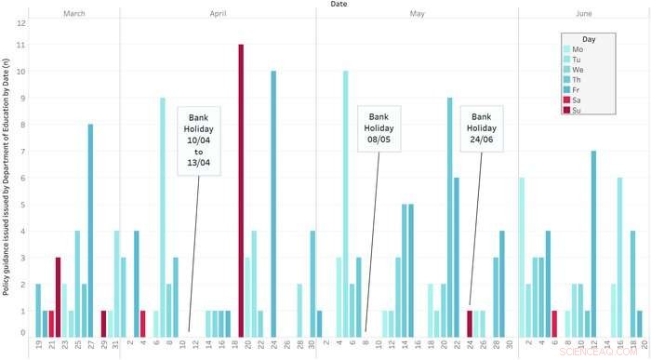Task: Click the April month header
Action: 218,13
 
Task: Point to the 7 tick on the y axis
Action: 21,151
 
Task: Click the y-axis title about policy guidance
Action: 7,177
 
